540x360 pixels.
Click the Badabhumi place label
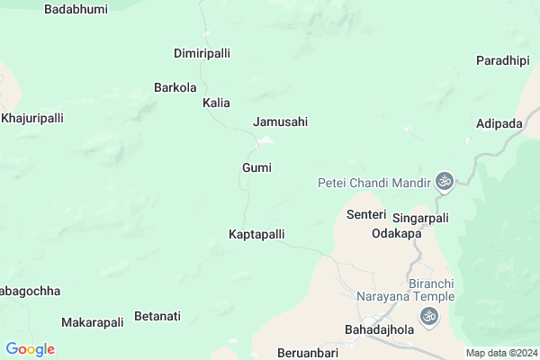tap(75, 9)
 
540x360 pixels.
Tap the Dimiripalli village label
tap(202, 53)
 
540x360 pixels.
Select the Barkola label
tap(175, 88)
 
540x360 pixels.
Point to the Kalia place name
tap(216, 103)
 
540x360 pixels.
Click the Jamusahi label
tap(281, 121)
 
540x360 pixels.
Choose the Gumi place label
tap(256, 167)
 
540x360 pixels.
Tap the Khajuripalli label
tap(32, 118)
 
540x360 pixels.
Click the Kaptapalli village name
tap(256, 234)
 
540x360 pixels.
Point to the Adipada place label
tap(500, 122)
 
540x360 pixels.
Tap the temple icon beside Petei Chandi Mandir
tap(444, 182)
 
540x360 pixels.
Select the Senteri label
tap(366, 215)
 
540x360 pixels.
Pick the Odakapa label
tap(397, 233)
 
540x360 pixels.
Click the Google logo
tap(30, 349)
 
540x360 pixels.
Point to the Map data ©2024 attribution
tap(501, 353)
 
